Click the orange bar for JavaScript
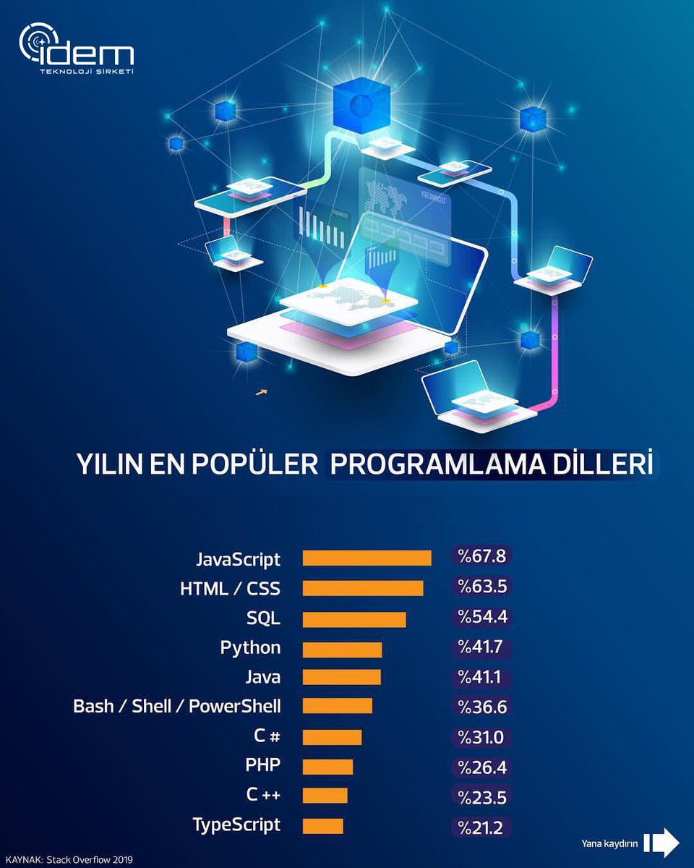coord(367,558)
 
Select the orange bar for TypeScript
coord(322,825)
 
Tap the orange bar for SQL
coord(354,620)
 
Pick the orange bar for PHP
coord(327,767)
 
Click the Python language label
coord(250,647)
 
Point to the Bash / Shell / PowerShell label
coord(177,706)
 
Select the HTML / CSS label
coord(230,589)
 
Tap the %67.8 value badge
coord(481,556)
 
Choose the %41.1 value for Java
coord(481,677)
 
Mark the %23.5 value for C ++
coord(481,796)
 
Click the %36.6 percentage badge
coord(481,707)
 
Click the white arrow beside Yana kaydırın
coord(661,842)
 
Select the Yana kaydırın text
coord(609,843)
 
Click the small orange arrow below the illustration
coord(262,393)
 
